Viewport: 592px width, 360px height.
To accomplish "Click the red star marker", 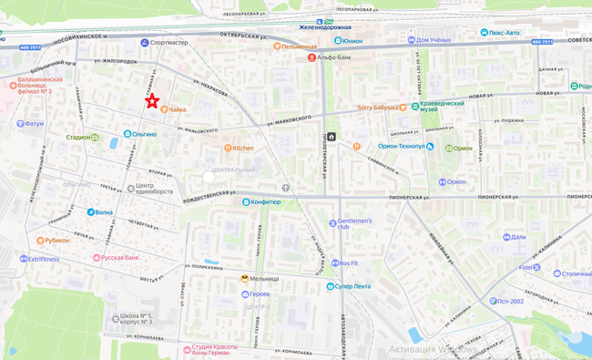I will [x=152, y=101].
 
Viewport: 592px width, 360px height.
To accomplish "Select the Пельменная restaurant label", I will [x=299, y=46].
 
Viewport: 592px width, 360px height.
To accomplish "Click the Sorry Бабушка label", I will [x=378, y=107].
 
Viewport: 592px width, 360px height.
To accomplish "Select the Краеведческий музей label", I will [x=443, y=108].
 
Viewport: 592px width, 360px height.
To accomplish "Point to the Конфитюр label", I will [x=264, y=202].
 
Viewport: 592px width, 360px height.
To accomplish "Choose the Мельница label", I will [x=265, y=279].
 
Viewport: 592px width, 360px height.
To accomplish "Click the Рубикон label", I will [x=57, y=241].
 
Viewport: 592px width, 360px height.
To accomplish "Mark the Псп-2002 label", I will [x=510, y=302].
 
